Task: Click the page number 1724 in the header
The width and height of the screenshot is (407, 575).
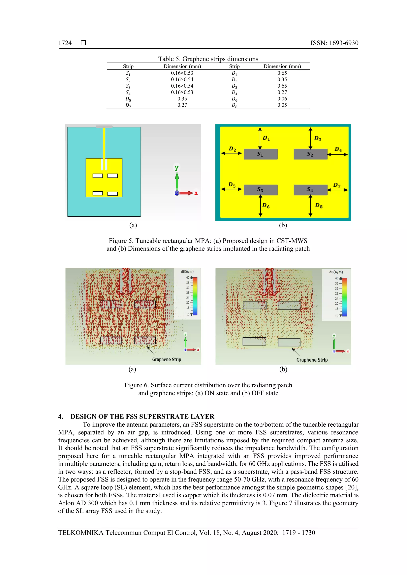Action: pos(65,43)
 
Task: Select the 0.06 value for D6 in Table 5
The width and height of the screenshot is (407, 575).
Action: pos(282,99)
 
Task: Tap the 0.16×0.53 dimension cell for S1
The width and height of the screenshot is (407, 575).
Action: pos(182,73)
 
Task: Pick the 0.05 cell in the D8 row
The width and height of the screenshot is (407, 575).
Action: pos(282,105)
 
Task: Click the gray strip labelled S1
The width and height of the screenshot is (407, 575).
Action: pos(260,154)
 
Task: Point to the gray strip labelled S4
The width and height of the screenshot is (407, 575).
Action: pos(310,190)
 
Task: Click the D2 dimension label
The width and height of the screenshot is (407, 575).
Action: pos(232,149)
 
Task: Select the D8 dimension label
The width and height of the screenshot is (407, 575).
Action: pos(319,206)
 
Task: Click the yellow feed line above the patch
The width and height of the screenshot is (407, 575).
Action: pos(104,143)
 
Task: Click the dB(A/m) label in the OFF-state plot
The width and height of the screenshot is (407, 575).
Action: pos(336,272)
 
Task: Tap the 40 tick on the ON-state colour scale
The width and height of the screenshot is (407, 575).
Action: pos(187,278)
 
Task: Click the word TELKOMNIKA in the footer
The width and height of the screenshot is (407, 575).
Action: pos(81,533)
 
